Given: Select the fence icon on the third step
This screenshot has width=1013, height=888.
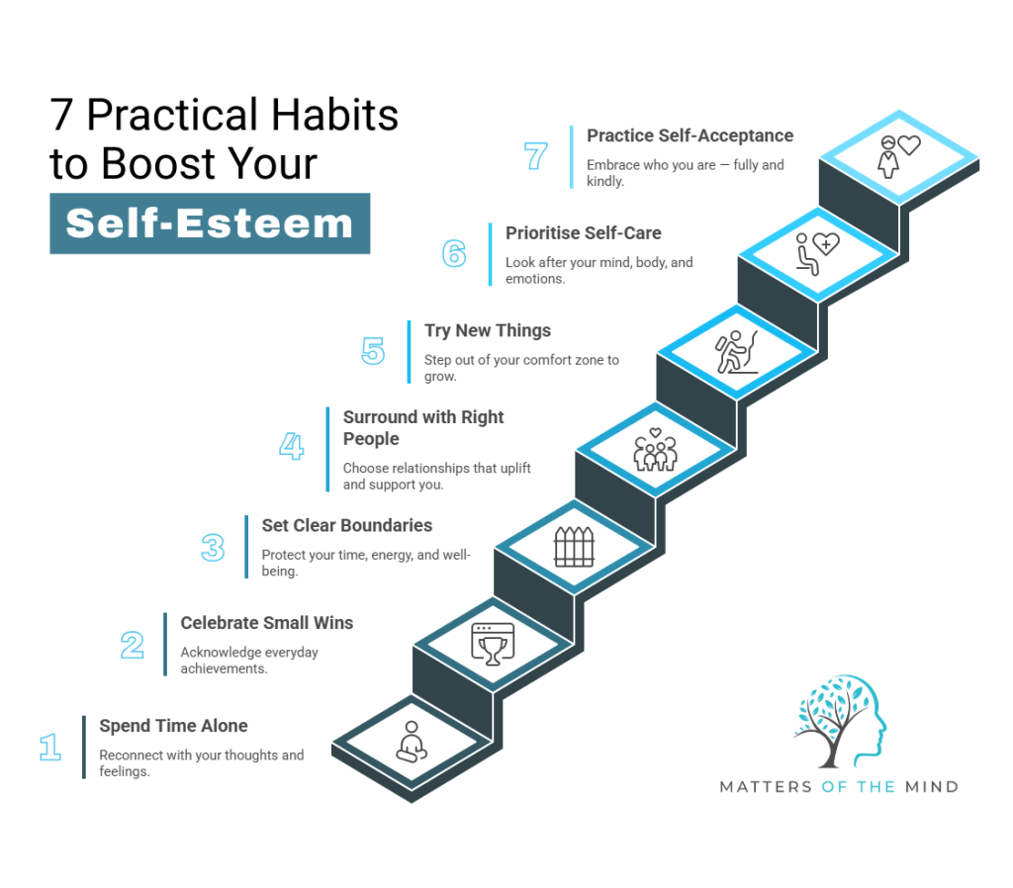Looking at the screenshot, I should [x=573, y=546].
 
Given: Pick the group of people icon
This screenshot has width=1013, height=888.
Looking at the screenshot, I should [x=655, y=449].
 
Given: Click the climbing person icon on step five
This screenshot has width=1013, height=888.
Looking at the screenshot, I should [x=736, y=352].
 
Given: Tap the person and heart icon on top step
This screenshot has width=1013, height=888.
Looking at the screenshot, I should [x=898, y=155].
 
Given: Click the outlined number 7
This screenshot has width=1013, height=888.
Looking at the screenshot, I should [x=535, y=156].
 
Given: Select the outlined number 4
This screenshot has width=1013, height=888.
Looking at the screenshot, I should [x=291, y=447].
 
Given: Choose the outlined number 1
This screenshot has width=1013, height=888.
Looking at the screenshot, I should [x=50, y=747].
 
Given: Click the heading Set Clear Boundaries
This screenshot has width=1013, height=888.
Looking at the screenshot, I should [x=346, y=525].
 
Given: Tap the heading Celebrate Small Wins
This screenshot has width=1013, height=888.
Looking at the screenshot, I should [x=266, y=623].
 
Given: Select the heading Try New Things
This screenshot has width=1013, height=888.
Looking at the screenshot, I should [x=488, y=330].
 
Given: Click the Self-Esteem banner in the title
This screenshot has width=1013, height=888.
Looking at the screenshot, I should [x=210, y=223].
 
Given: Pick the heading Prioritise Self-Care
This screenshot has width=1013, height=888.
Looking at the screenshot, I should [x=584, y=233].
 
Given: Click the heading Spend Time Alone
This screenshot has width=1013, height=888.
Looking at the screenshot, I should [x=173, y=726].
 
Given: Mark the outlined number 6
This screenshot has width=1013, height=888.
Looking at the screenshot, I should [x=454, y=254].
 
